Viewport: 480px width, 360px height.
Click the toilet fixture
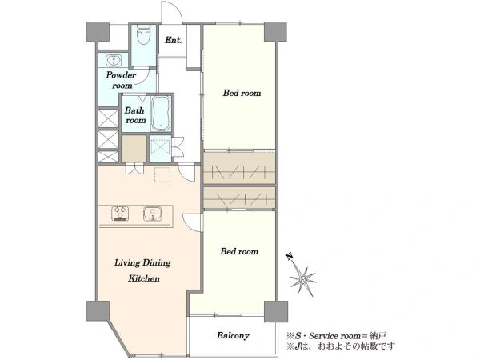click(143, 35)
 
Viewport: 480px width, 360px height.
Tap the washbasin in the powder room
click(114, 60)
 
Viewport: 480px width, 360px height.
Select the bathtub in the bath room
click(161, 114)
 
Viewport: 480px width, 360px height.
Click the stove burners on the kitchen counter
click(120, 214)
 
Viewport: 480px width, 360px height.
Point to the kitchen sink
click(153, 214)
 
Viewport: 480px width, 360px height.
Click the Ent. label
click(174, 40)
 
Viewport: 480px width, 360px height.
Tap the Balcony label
click(233, 335)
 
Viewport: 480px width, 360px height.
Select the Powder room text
click(121, 80)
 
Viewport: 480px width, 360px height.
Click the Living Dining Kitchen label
click(142, 270)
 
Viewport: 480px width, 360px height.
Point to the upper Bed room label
click(242, 93)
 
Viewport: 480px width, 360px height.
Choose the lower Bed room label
click(239, 251)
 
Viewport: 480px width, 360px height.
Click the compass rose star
click(302, 279)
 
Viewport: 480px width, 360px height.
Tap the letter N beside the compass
click(290, 256)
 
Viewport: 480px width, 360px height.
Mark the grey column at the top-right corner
click(275, 31)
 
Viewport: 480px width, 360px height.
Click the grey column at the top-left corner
click(98, 31)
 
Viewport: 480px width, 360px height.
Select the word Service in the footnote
click(321, 336)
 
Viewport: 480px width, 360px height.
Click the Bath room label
click(134, 115)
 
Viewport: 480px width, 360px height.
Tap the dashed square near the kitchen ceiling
click(162, 174)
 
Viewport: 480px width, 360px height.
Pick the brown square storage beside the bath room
click(134, 149)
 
